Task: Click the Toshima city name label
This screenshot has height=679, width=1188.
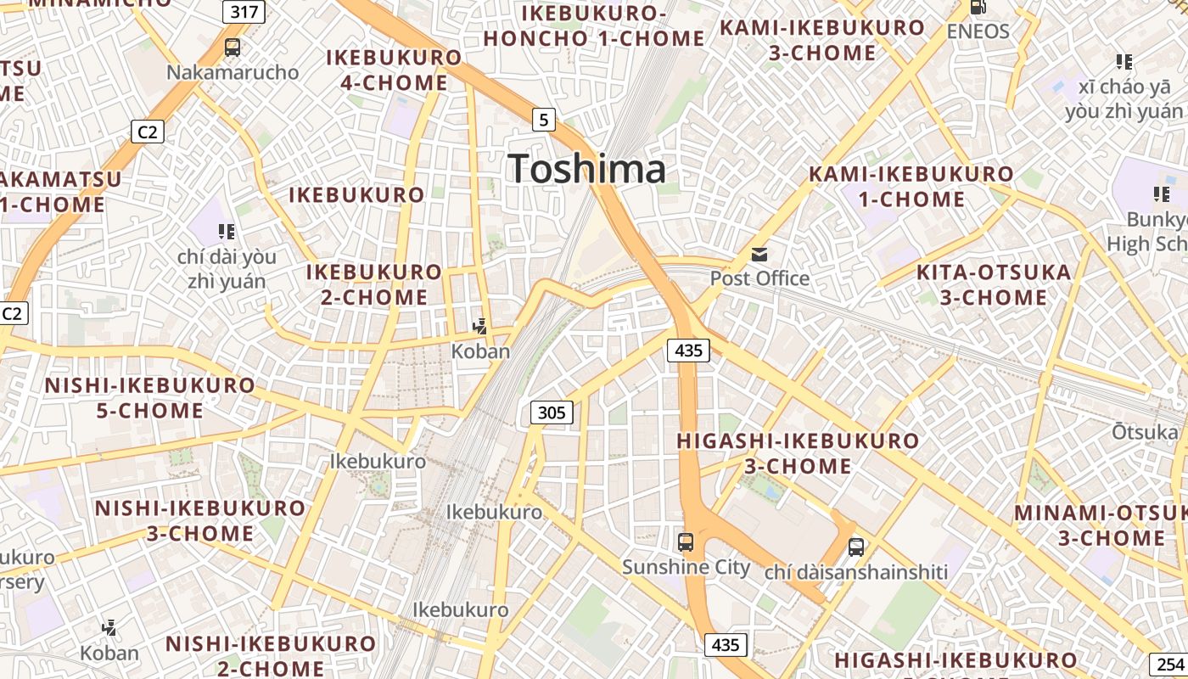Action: click(x=587, y=169)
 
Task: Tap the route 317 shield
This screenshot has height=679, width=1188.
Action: click(x=244, y=12)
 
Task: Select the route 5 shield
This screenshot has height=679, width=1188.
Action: click(x=543, y=120)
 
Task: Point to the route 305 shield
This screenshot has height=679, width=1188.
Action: click(x=552, y=413)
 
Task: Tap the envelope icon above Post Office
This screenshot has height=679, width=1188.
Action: click(x=759, y=254)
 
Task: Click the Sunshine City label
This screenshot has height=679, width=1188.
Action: click(x=686, y=567)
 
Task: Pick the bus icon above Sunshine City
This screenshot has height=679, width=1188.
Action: click(x=685, y=542)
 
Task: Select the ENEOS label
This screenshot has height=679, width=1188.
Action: click(x=978, y=32)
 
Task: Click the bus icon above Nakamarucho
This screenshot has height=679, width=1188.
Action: click(x=233, y=48)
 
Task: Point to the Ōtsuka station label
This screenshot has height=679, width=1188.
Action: click(x=1145, y=432)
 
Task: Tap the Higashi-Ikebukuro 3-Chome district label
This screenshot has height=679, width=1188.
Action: click(x=798, y=453)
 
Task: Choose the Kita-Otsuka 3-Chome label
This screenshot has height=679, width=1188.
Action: click(x=994, y=284)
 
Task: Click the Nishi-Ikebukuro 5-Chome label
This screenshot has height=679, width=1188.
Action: click(x=149, y=397)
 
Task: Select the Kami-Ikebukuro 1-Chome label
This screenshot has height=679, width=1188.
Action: click(x=911, y=187)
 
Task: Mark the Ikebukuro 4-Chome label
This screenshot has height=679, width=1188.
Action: click(x=394, y=70)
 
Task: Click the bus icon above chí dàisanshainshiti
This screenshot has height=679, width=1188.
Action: click(x=855, y=547)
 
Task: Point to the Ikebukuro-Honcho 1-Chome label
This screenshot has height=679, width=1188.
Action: click(x=594, y=26)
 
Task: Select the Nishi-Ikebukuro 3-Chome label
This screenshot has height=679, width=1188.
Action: click(x=199, y=520)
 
